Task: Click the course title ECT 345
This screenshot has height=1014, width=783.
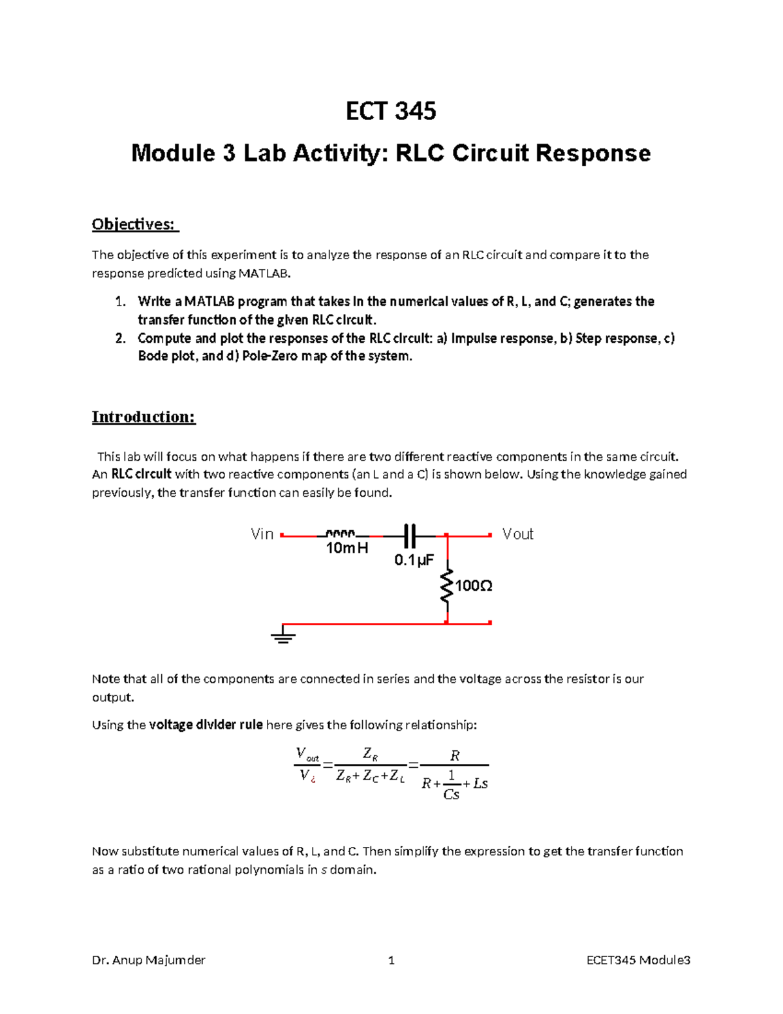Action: [x=391, y=112]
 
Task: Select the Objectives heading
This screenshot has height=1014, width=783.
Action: [x=134, y=225]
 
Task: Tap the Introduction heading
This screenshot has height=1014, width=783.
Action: [x=144, y=417]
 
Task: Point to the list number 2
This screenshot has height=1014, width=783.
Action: [x=119, y=338]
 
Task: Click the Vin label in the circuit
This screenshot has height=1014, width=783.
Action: [x=262, y=534]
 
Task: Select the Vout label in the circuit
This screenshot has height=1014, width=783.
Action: [x=517, y=534]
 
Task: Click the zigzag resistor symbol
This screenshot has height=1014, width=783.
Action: [x=447, y=586]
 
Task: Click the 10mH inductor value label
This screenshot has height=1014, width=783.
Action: [x=346, y=548]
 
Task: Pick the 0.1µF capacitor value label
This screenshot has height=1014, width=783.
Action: [x=414, y=560]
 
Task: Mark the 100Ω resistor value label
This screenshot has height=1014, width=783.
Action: [x=474, y=586]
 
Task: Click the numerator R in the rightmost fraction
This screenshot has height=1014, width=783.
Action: [x=455, y=756]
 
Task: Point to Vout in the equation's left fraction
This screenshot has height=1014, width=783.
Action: [x=307, y=755]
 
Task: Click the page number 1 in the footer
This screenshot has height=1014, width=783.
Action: [x=391, y=960]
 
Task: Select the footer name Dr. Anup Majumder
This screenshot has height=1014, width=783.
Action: [x=149, y=960]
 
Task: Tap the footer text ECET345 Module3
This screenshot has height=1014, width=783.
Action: [x=638, y=960]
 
